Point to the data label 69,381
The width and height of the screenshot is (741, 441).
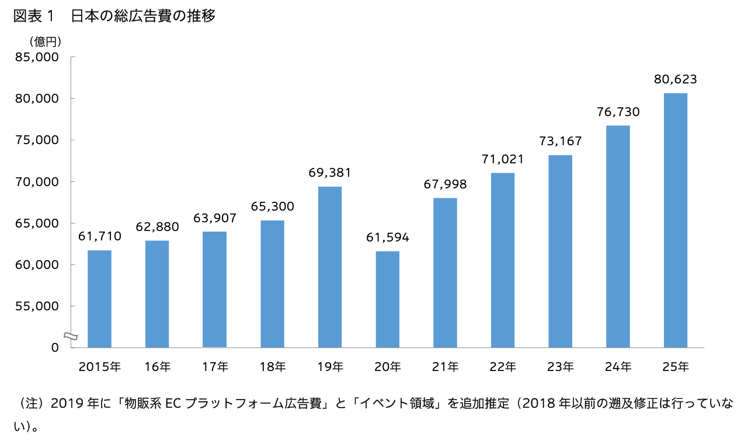tap(330, 173)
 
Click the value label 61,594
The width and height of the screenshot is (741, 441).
tap(387, 237)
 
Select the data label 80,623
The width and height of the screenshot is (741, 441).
tap(675, 79)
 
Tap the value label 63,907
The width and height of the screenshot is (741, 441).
tap(215, 218)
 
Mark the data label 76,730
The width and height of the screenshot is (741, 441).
tap(618, 112)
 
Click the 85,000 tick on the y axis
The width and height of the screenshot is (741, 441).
tap(36, 57)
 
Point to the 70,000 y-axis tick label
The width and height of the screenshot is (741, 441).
tap(36, 181)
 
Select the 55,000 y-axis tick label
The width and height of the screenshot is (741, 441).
tap(36, 306)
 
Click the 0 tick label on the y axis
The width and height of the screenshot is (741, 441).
tap(55, 348)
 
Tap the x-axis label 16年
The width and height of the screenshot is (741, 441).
tap(157, 367)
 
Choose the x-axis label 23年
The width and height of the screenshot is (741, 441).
tap(561, 367)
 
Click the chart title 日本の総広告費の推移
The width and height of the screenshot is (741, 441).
tap(143, 16)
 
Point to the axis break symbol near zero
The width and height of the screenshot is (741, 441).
tap(69, 335)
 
